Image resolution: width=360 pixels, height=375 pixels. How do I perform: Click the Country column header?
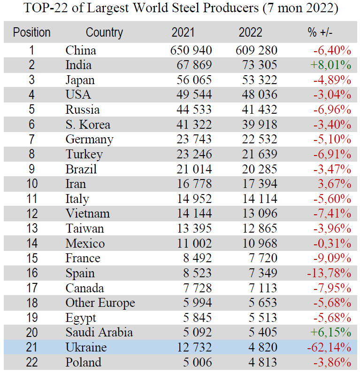[x=104, y=33]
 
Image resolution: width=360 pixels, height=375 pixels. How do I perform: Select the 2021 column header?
[x=183, y=33]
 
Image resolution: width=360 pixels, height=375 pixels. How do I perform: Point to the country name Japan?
[x=80, y=80]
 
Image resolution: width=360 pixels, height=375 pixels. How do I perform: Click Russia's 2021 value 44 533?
[x=191, y=109]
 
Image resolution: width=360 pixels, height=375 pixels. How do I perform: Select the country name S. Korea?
[x=88, y=125]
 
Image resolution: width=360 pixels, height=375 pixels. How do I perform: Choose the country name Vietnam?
[x=88, y=213]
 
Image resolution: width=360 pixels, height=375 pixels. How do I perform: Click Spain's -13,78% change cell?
[x=329, y=273]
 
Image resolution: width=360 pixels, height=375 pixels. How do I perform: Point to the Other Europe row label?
[x=100, y=303]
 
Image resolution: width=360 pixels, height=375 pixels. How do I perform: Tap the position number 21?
[x=31, y=348]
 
